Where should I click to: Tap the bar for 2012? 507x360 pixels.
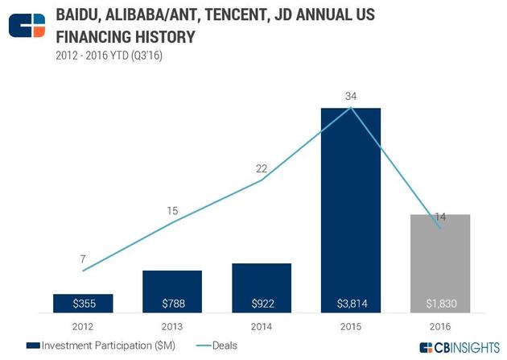pos(83,304)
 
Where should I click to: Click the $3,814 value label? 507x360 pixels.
pos(351,304)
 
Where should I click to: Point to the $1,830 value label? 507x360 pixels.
pos(440,304)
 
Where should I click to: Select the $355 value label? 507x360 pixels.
pos(83,304)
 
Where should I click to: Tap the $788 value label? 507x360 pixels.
pos(172,304)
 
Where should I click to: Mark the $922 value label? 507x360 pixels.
pos(262,304)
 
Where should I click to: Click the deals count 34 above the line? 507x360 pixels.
pos(350,97)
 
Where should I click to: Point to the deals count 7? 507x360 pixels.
pos(83,259)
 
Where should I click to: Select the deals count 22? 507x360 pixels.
pos(262,168)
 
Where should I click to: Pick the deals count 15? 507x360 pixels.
pos(172,211)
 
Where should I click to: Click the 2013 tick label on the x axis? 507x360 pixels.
pos(172,325)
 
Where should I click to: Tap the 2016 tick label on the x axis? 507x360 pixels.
pos(440,325)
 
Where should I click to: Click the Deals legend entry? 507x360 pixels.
pos(219,345)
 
